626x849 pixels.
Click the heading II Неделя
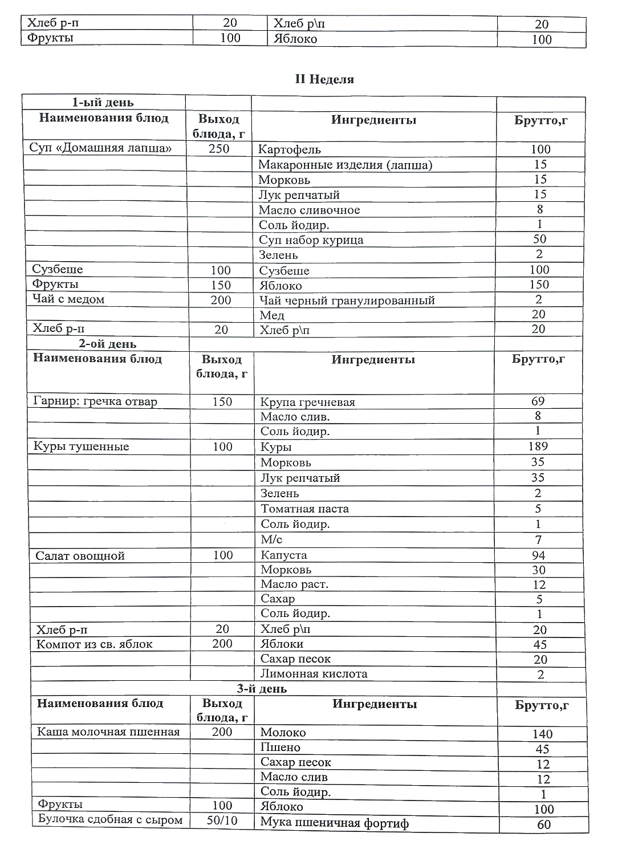pyautogui.click(x=324, y=79)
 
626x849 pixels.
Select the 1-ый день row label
pyautogui.click(x=103, y=103)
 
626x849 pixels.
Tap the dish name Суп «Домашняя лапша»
pyautogui.click(x=100, y=148)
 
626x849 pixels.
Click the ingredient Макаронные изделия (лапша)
pyautogui.click(x=345, y=165)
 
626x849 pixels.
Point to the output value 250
pyautogui.click(x=219, y=149)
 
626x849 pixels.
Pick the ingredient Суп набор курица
pyautogui.click(x=311, y=240)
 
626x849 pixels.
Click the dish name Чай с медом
pyautogui.click(x=68, y=299)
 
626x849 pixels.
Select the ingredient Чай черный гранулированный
pyautogui.click(x=347, y=300)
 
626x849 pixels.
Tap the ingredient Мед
pyautogui.click(x=271, y=315)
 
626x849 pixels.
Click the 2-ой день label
pyautogui.click(x=108, y=344)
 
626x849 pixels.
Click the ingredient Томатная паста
pyautogui.click(x=304, y=509)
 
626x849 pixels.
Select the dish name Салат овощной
pyautogui.click(x=80, y=556)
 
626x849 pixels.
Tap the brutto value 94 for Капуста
pyautogui.click(x=538, y=555)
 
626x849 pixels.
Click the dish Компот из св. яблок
pyautogui.click(x=95, y=644)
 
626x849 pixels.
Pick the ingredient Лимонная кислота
pyautogui.click(x=314, y=674)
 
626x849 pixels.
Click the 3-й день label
pyautogui.click(x=262, y=689)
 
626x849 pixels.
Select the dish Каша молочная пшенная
pyautogui.click(x=108, y=732)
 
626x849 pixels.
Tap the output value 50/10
pyautogui.click(x=222, y=821)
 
